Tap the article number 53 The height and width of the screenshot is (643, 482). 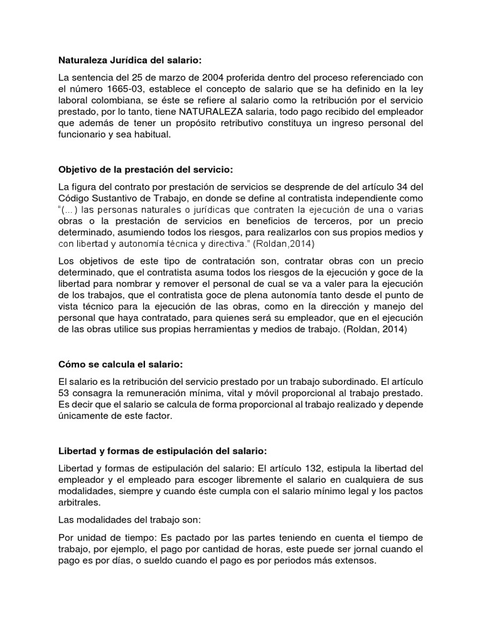pos(65,393)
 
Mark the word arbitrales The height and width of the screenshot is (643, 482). pos(78,502)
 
